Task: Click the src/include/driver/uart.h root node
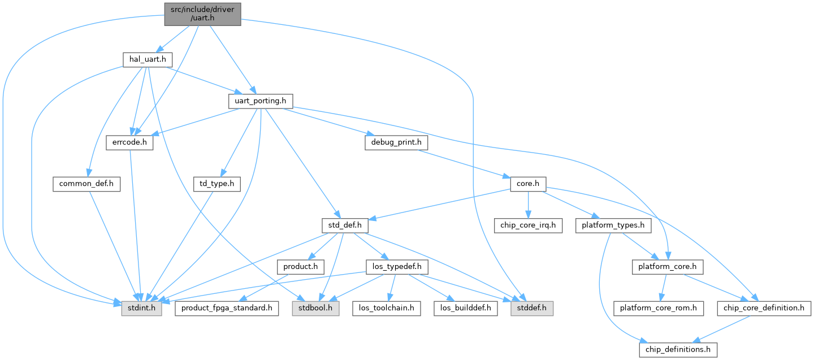click(x=203, y=14)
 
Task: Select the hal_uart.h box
click(x=147, y=59)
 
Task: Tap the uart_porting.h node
click(x=259, y=101)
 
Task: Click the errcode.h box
click(x=129, y=142)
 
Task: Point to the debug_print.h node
click(x=396, y=142)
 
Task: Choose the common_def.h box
click(x=86, y=184)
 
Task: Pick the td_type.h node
click(x=217, y=184)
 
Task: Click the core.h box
click(x=528, y=184)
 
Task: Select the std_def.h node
click(x=344, y=225)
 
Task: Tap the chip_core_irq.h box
click(x=528, y=225)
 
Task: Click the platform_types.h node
click(x=613, y=225)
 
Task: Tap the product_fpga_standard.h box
click(x=226, y=309)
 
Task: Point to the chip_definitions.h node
click(x=678, y=350)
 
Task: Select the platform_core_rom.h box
click(x=659, y=309)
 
